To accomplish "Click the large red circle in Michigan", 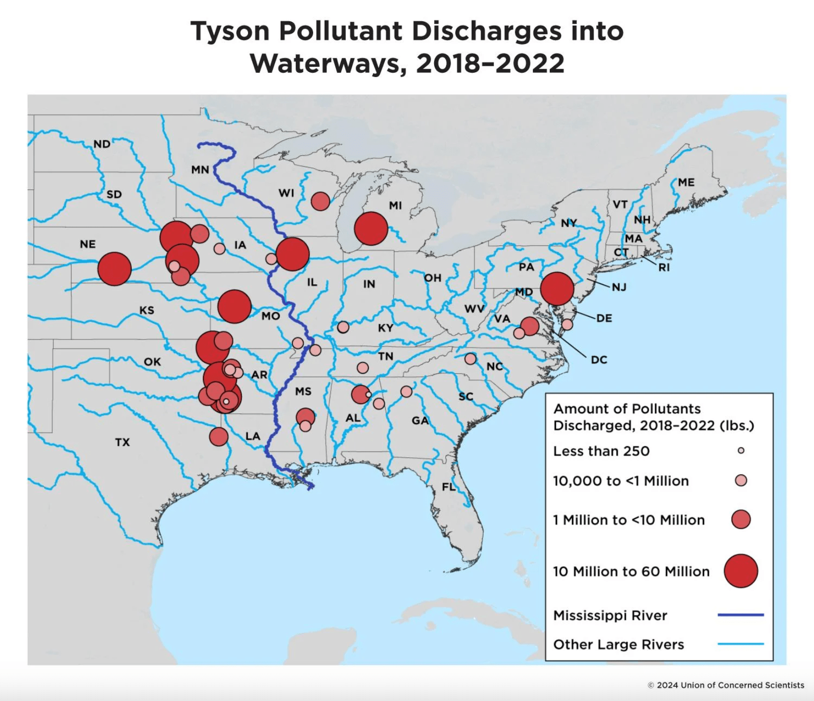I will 371,228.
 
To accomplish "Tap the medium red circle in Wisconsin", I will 321,201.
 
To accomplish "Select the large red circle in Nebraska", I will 115,269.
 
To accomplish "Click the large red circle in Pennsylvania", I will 557,289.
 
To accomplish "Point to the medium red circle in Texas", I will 219,437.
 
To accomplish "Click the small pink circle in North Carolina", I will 470,358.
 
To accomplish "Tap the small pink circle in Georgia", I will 407,392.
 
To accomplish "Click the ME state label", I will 686,182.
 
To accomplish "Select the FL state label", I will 448,487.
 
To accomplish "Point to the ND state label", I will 102,144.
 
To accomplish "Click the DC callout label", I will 599,360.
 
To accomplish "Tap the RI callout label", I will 664,267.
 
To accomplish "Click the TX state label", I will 122,442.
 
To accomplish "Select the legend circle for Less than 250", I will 741,450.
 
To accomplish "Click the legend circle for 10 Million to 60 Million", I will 741,571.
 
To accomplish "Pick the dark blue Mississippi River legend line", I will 740,615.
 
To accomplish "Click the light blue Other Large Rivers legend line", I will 740,644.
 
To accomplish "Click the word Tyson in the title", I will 230,31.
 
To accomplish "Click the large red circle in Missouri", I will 235,307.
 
